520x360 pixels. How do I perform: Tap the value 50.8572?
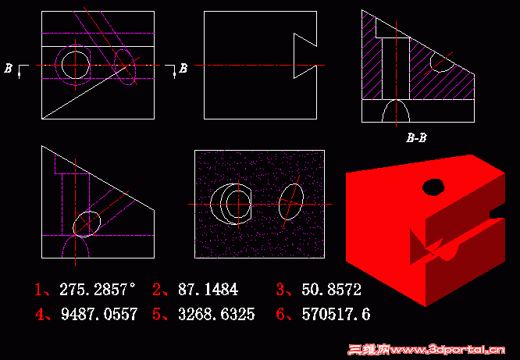coord(331,290)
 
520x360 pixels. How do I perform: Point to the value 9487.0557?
coord(98,315)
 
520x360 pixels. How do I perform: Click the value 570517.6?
coord(331,315)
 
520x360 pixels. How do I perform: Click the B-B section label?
coord(415,138)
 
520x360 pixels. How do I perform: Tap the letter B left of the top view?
coord(9,69)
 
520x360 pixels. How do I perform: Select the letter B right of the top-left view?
coord(183,69)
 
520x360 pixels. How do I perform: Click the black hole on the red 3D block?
coord(433,187)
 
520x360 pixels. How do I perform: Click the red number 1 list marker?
coord(37,290)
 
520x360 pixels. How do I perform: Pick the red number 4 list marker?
coord(37,315)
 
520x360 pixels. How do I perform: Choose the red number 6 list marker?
coord(281,315)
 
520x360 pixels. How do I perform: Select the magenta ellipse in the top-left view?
coord(125,66)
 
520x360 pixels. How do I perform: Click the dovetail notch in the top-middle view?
coord(305,55)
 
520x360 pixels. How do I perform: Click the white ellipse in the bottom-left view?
coord(87,224)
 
